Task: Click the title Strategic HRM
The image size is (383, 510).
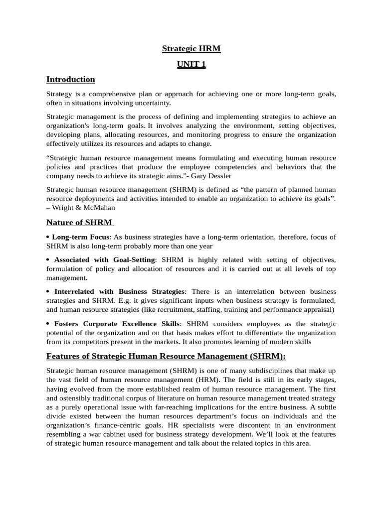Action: [191, 49]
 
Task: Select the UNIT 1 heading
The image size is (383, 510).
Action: [191, 64]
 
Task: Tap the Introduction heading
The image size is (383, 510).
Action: [70, 79]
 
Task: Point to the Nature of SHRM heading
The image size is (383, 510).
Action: [79, 222]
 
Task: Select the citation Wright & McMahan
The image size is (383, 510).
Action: [83, 208]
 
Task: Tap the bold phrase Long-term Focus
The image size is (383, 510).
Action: [80, 237]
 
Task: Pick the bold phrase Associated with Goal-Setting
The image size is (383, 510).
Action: [105, 260]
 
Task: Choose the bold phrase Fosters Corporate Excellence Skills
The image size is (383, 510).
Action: [116, 323]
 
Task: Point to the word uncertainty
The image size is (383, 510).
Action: [152, 103]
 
